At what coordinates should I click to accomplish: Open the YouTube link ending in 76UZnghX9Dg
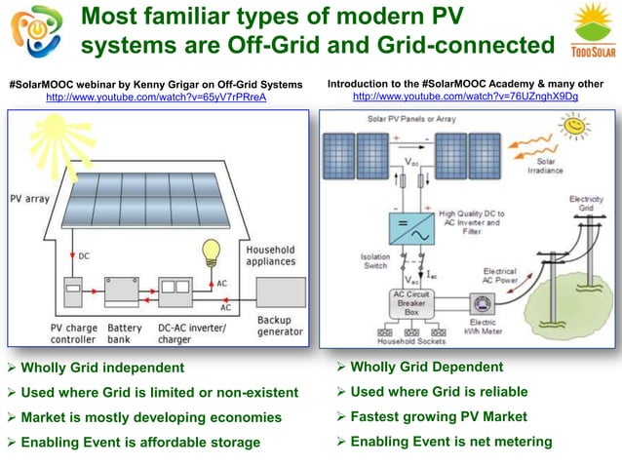click(465, 97)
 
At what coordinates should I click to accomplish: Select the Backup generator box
click(282, 295)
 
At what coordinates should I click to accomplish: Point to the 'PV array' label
click(30, 198)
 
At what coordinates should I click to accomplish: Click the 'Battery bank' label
click(125, 334)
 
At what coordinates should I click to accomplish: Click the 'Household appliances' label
click(270, 255)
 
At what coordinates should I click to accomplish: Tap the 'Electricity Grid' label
click(585, 204)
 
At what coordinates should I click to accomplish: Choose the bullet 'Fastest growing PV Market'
click(438, 416)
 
